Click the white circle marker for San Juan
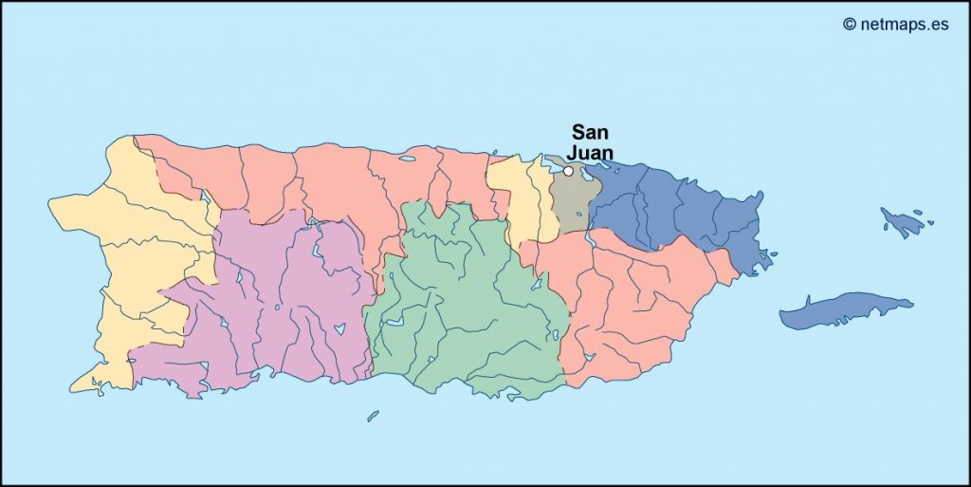point(568,171)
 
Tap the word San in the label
point(590,132)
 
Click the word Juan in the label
point(590,152)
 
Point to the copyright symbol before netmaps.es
point(850,24)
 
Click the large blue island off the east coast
point(844,311)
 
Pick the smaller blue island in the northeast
point(902,222)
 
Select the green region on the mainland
point(465,304)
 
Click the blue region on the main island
point(673,209)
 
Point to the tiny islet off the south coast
point(373,416)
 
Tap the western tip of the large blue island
point(781,320)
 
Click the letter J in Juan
point(573,152)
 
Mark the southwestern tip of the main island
point(74,386)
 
